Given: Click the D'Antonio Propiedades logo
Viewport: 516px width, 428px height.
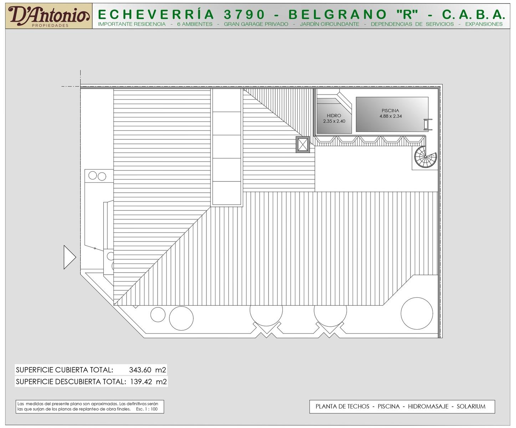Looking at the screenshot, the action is (x=49, y=16).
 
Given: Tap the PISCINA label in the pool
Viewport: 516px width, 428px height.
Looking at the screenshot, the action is (x=390, y=111).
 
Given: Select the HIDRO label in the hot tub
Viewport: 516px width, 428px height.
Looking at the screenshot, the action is (x=334, y=116).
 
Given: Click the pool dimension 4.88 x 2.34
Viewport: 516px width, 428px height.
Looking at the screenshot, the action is (x=391, y=116).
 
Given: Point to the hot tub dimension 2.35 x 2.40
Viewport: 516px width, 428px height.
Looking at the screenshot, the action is (x=334, y=121).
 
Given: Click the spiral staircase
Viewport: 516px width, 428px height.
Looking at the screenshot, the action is (x=425, y=157).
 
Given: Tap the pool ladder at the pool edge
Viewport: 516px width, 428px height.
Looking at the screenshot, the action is (x=428, y=124).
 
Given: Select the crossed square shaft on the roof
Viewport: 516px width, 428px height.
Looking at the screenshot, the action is (x=303, y=144).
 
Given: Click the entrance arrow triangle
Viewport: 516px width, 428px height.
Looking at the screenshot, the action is (x=70, y=257).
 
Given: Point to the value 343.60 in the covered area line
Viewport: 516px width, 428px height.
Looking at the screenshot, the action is (x=140, y=370).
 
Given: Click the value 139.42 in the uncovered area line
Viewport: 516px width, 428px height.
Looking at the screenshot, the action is (x=141, y=382).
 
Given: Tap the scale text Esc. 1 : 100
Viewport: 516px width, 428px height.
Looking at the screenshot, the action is (x=147, y=409).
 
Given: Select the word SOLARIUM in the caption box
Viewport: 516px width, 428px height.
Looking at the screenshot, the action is (x=471, y=407).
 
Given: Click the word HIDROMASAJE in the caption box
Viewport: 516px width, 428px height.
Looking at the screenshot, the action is (x=428, y=407).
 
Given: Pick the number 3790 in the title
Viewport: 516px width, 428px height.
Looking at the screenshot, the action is (x=244, y=14).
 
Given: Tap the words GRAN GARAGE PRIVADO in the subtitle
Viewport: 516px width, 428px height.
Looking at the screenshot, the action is (x=256, y=24).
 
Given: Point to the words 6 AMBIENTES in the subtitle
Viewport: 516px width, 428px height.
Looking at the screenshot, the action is (x=195, y=24).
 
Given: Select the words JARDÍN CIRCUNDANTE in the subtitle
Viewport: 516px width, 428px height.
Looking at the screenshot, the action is (x=329, y=24).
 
